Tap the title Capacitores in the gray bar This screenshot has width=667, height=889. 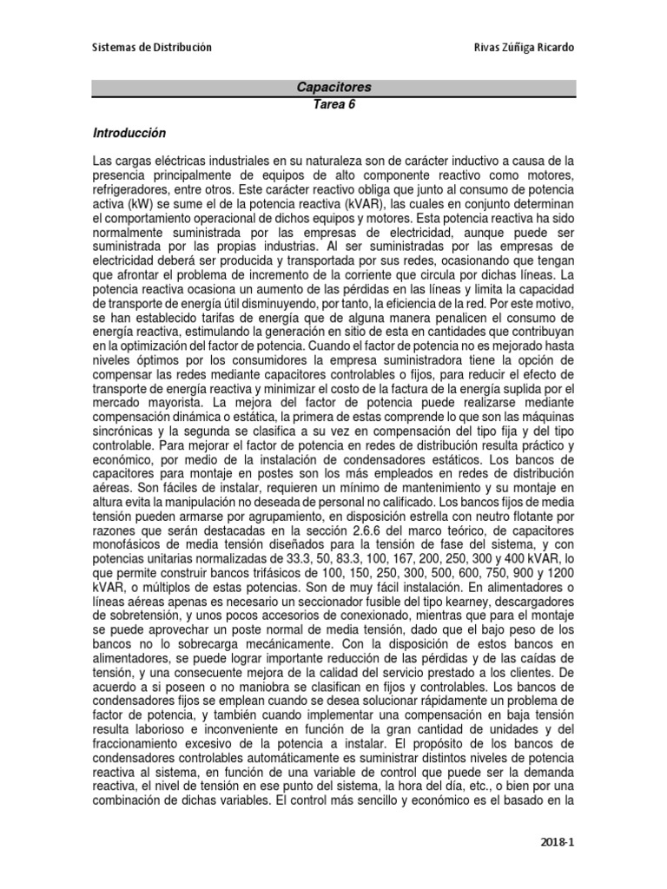(334, 88)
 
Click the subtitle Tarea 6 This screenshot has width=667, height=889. (334, 104)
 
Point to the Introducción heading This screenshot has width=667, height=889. (129, 135)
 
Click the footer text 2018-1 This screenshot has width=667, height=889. (557, 842)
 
